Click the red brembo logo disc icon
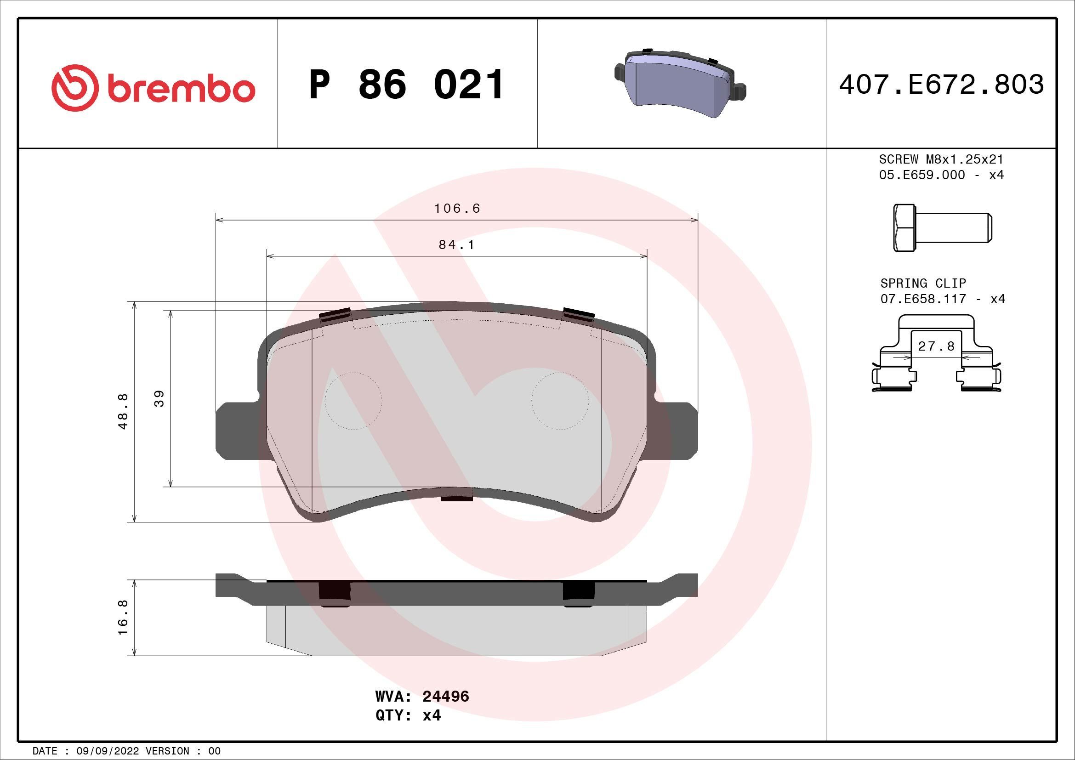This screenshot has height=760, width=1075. coord(75,88)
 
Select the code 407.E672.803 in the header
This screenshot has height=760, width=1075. coord(941,85)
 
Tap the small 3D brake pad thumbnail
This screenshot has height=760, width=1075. coord(679,83)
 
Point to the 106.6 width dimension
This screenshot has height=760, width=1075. coord(457,209)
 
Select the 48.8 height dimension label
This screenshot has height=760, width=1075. coord(123,411)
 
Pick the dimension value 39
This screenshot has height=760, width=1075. coord(159,399)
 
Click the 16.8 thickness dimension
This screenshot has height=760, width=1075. coord(123,618)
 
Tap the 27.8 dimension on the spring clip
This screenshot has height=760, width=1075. coord(936,346)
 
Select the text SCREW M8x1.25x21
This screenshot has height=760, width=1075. coord(941,159)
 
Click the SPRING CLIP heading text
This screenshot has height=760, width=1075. coord(923,283)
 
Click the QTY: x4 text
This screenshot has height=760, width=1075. coord(408,715)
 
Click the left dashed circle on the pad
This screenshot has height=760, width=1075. coord(353,401)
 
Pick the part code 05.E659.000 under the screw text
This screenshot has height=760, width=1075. coord(922,175)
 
